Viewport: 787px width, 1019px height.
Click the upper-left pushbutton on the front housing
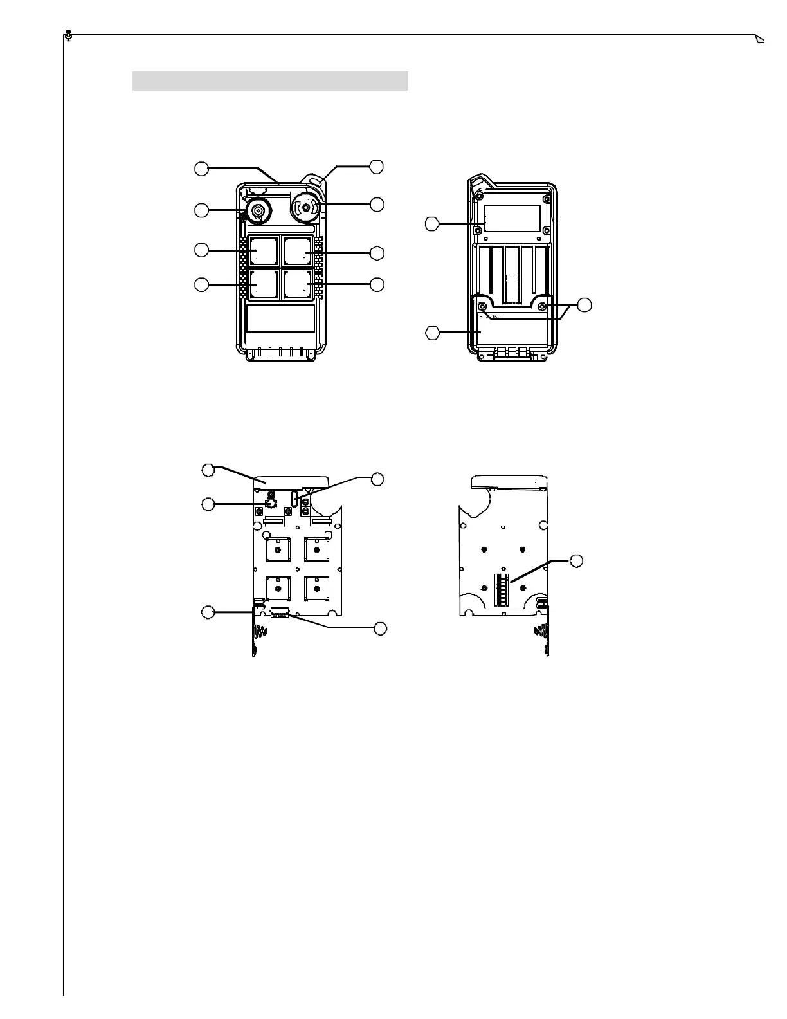[x=264, y=251]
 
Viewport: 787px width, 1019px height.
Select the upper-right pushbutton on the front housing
[x=298, y=251]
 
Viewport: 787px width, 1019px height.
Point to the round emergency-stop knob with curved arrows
[x=305, y=207]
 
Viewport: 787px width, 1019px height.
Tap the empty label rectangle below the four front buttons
[x=281, y=318]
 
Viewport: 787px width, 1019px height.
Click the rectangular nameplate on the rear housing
[x=512, y=219]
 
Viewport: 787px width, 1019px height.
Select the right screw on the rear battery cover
[x=543, y=306]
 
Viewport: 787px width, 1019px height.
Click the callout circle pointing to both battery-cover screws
[x=584, y=306]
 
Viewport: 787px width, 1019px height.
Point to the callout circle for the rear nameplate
[x=433, y=224]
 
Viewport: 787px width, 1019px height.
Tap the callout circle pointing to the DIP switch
[x=577, y=561]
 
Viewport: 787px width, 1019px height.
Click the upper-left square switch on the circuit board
[x=277, y=551]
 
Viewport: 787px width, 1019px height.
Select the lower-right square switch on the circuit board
[x=316, y=589]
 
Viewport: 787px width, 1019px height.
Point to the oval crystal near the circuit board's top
[x=295, y=499]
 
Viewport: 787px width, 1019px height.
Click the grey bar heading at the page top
[x=270, y=81]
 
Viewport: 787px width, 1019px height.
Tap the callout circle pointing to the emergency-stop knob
[x=377, y=205]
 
